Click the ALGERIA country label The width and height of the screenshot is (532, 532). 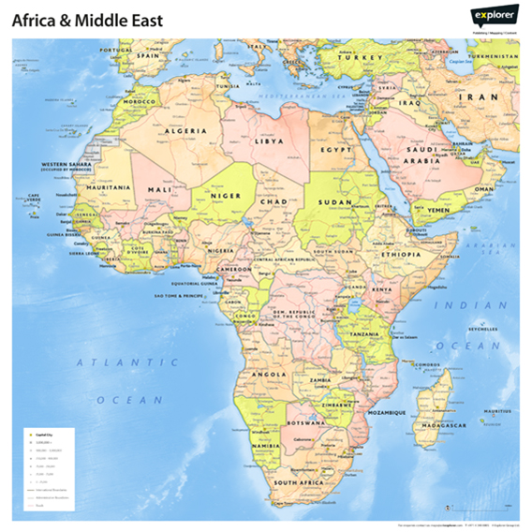coord(185,132)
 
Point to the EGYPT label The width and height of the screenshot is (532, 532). coord(335,149)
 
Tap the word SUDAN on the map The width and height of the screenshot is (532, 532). coord(335,201)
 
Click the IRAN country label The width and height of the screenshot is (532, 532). coord(484,96)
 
